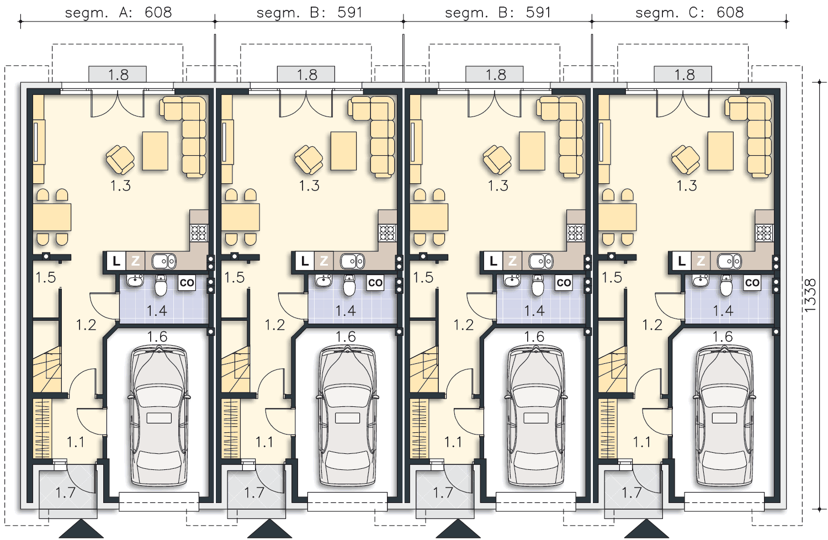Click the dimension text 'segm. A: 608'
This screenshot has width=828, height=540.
(x=118, y=13)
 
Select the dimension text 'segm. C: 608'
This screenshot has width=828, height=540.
(x=689, y=13)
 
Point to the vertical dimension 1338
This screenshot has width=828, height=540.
(x=810, y=295)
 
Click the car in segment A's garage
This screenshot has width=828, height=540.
(x=159, y=415)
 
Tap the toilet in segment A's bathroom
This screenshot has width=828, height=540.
(x=161, y=285)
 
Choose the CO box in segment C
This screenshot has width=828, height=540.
(x=752, y=283)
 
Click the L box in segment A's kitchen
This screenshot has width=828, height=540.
(x=116, y=261)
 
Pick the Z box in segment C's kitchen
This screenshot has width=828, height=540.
(x=701, y=261)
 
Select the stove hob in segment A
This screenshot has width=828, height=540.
(x=199, y=233)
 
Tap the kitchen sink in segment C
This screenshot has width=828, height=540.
(x=729, y=261)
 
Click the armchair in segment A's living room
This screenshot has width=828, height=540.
(x=120, y=160)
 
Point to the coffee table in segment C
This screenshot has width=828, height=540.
(x=720, y=151)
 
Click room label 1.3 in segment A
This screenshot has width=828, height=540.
(x=120, y=186)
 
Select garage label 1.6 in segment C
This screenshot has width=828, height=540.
(x=723, y=337)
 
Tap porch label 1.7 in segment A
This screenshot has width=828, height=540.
(x=66, y=493)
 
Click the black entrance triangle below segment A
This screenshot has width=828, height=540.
(x=81, y=529)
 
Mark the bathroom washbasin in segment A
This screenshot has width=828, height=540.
(x=135, y=280)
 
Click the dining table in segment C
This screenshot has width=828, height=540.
(x=617, y=217)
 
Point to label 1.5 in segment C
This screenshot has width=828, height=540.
(x=612, y=277)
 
